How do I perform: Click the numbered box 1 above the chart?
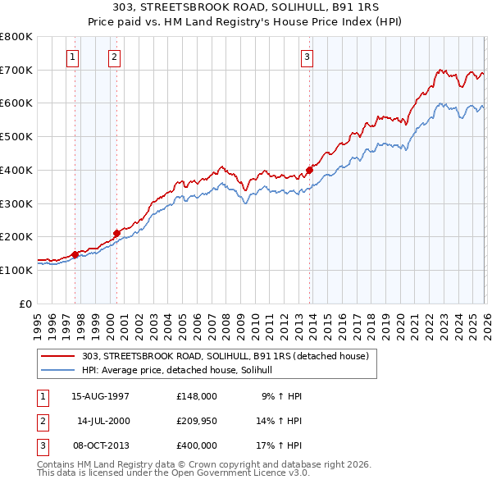pyautogui.click(x=74, y=57)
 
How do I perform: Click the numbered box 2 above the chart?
pyautogui.click(x=113, y=57)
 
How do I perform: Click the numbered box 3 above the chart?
pyautogui.click(x=307, y=57)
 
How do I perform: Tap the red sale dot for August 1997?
pyautogui.click(x=75, y=254)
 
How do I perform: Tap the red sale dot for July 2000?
pyautogui.click(x=116, y=233)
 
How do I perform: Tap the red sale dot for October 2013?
pyautogui.click(x=310, y=170)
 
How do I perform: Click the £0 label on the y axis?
pyautogui.click(x=26, y=304)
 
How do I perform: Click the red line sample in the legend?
pyautogui.click(x=59, y=356)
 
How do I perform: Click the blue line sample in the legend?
pyautogui.click(x=59, y=370)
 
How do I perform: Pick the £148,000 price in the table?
pyautogui.click(x=197, y=396)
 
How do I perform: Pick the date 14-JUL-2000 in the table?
pyautogui.click(x=103, y=421)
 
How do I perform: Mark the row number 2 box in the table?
pyautogui.click(x=42, y=421)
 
